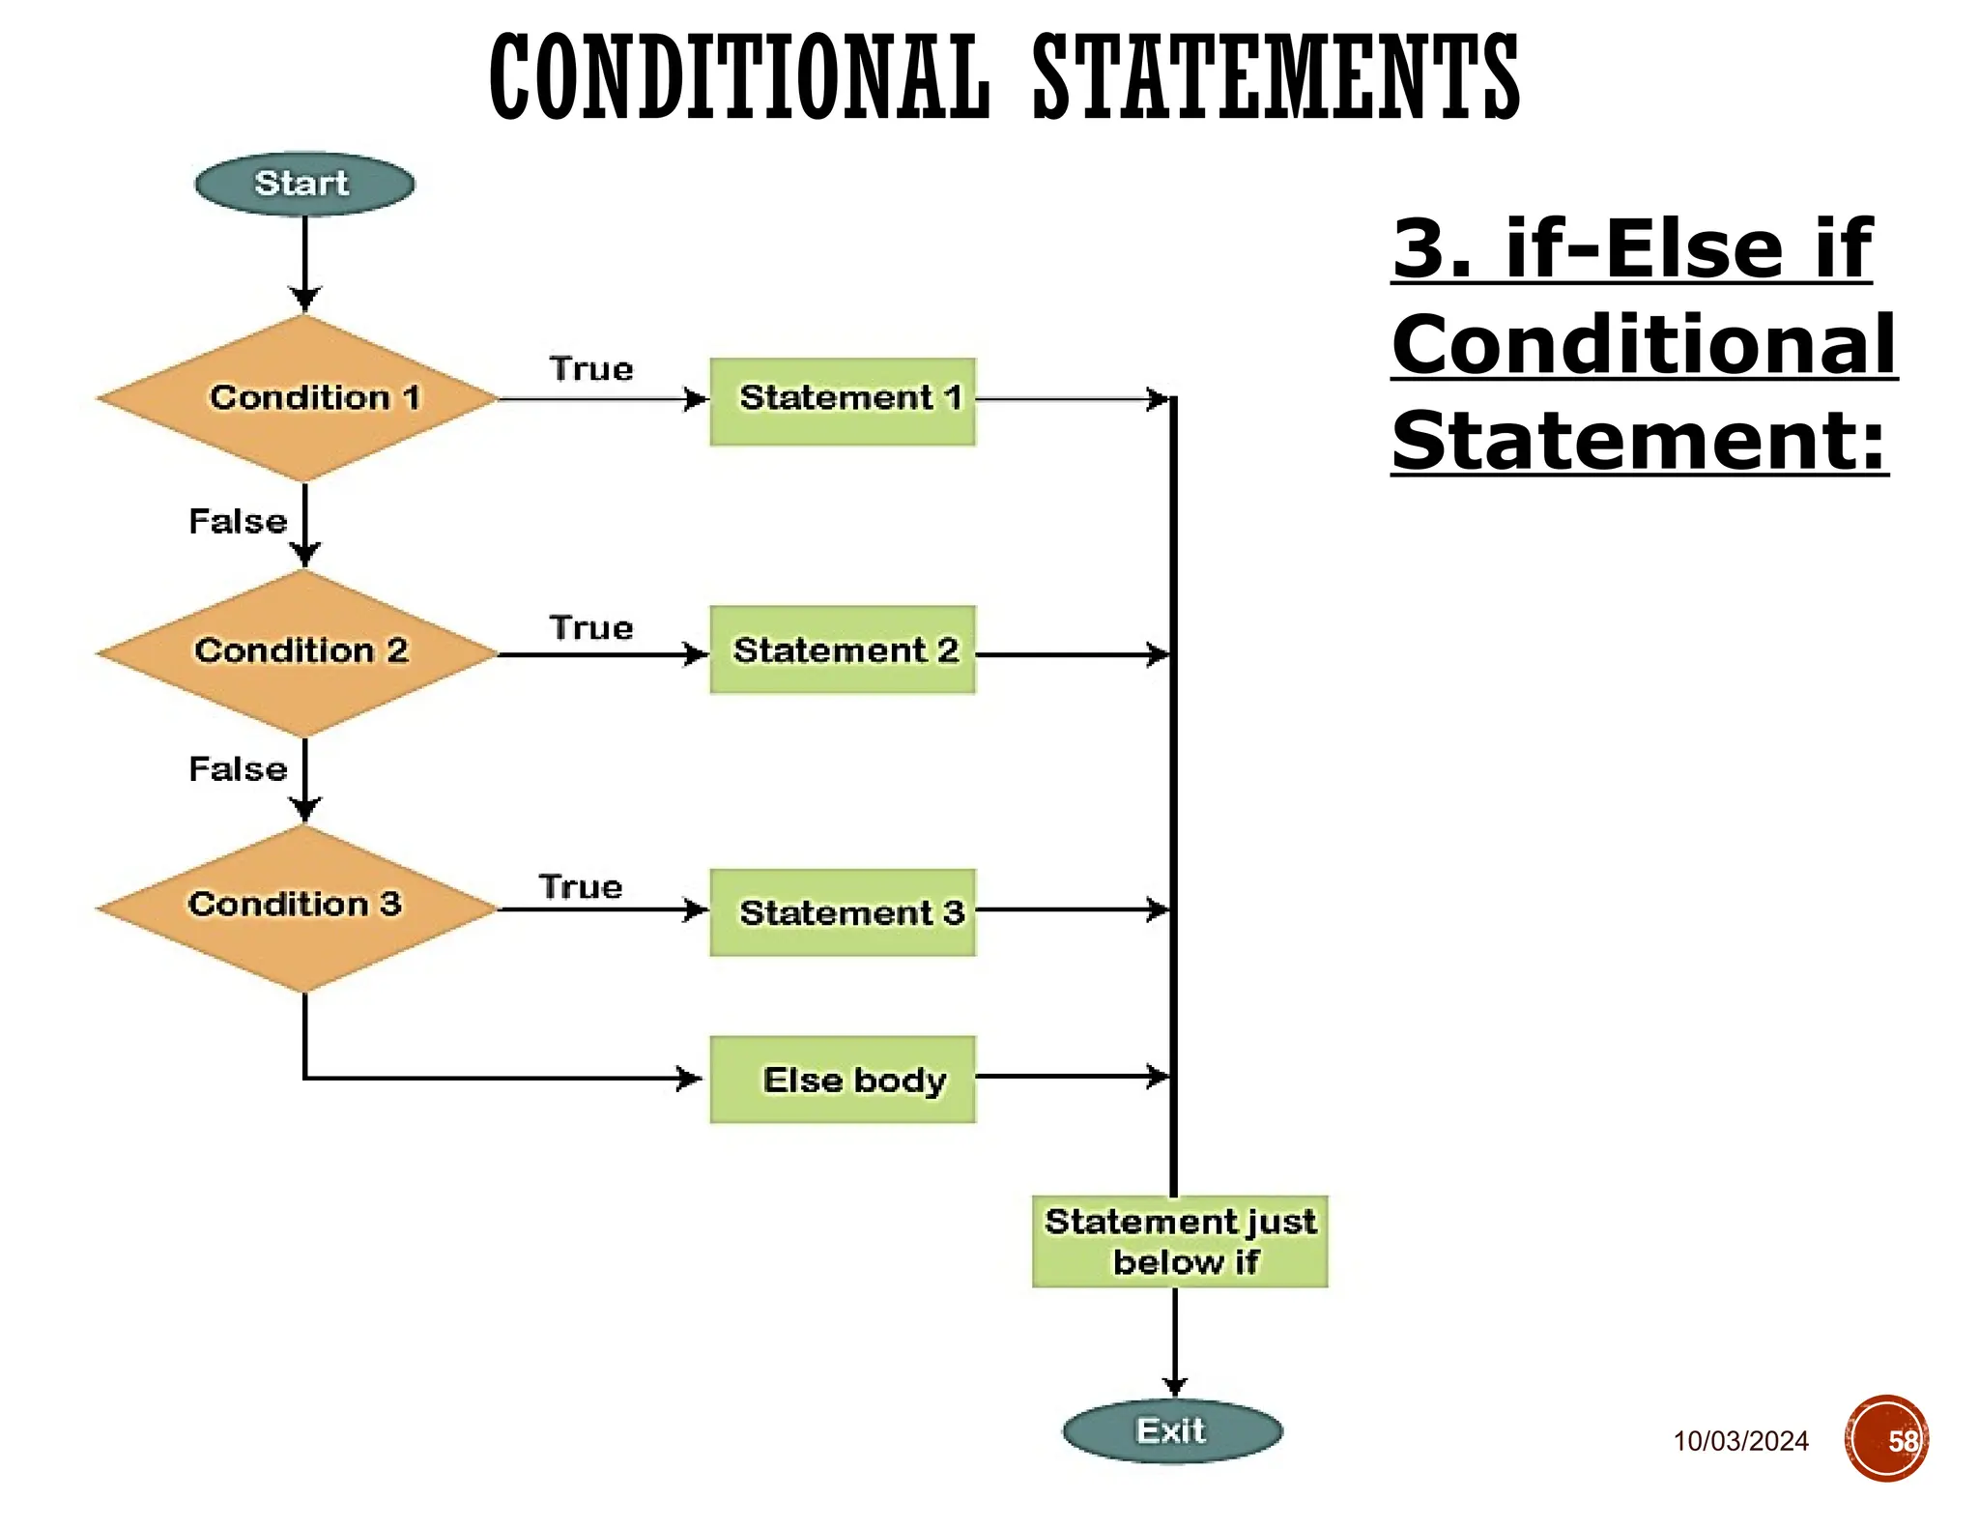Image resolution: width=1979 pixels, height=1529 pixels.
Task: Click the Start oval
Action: tap(304, 184)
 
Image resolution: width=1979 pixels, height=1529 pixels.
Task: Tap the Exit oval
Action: tap(1172, 1431)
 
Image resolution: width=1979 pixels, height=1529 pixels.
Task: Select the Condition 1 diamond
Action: tap(301, 398)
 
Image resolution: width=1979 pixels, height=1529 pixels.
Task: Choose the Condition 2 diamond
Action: tap(301, 652)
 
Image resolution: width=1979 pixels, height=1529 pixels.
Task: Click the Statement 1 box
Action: tap(843, 401)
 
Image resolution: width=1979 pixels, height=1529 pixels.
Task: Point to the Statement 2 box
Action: tap(843, 649)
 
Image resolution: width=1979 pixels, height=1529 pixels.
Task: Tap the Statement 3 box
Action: tap(843, 912)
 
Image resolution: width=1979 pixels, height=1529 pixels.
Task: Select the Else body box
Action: tap(843, 1080)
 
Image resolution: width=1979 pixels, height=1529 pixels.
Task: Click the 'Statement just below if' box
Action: tap(1180, 1242)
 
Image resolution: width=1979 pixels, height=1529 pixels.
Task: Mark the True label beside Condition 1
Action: tap(591, 369)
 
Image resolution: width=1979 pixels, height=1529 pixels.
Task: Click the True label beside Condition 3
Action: tap(581, 887)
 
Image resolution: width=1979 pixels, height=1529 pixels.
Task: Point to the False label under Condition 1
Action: tap(238, 522)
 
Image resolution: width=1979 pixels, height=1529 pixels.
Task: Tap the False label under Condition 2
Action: tap(238, 769)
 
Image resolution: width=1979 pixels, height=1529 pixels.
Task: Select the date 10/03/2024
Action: tap(1740, 1441)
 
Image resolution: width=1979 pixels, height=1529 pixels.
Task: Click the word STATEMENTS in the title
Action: tap(1276, 77)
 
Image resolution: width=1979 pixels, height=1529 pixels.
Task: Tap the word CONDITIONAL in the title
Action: tap(740, 77)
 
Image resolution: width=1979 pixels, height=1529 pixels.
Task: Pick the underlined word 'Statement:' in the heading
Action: tap(1639, 441)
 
